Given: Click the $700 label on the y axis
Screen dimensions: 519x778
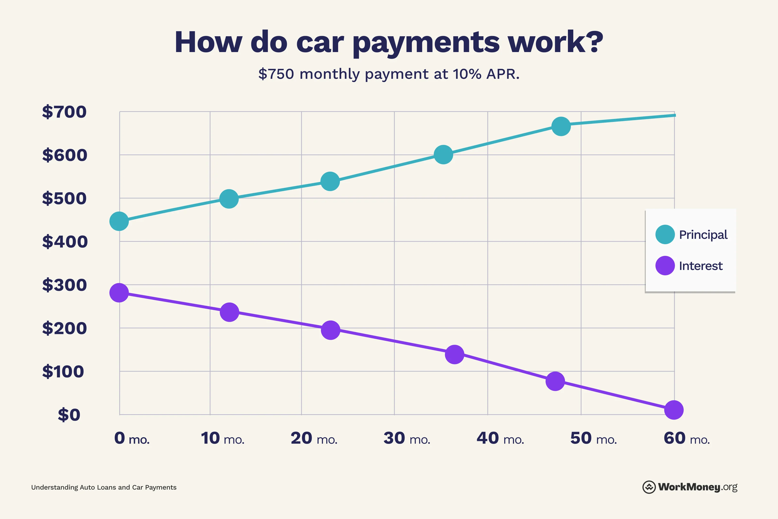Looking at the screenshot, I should [x=64, y=112].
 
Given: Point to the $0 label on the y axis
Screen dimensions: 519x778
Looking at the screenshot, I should [x=69, y=415].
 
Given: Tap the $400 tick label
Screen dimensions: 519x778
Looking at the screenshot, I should [x=65, y=242].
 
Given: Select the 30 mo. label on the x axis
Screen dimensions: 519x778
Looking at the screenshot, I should [x=407, y=438].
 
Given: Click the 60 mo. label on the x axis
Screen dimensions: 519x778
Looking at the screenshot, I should [x=687, y=438].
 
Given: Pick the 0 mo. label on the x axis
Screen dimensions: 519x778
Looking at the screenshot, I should [x=132, y=438].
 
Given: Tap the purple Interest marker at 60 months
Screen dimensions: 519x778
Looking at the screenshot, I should [x=674, y=410].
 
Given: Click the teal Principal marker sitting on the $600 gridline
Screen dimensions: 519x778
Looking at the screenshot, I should [x=443, y=155].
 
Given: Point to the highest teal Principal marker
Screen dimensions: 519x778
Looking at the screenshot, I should [x=561, y=126].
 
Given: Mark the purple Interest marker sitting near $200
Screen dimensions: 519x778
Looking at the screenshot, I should [x=330, y=330].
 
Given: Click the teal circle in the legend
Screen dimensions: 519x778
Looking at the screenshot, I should [x=665, y=234].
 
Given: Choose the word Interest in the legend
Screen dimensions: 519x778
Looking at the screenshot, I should [x=701, y=266].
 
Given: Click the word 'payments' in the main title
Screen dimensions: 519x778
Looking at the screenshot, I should [x=426, y=42].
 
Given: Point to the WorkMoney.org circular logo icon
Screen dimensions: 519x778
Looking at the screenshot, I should [x=649, y=487].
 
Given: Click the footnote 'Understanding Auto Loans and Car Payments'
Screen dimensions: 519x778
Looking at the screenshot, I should [x=104, y=487].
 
